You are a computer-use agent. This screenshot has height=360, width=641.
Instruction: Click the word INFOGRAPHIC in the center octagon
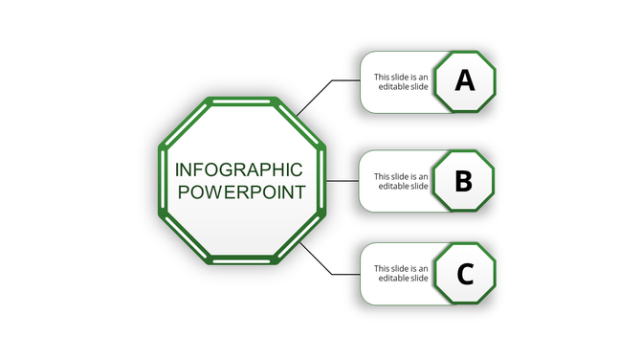(x=239, y=169)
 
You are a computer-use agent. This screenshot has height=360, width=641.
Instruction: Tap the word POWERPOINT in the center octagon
(x=242, y=191)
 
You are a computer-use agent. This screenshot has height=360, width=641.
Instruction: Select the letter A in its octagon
(x=464, y=80)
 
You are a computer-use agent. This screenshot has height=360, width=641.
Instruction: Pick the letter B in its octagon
(x=463, y=180)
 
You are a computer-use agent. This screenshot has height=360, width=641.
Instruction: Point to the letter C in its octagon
(x=465, y=275)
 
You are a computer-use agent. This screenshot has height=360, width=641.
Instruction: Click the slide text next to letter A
(x=401, y=81)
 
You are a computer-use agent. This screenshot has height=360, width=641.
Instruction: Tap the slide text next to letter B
(x=401, y=181)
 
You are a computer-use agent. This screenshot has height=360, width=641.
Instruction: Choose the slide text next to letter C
(x=401, y=274)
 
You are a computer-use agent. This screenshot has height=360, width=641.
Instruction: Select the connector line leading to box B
(x=343, y=180)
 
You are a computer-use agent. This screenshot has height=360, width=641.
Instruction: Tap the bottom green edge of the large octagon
(x=242, y=259)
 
